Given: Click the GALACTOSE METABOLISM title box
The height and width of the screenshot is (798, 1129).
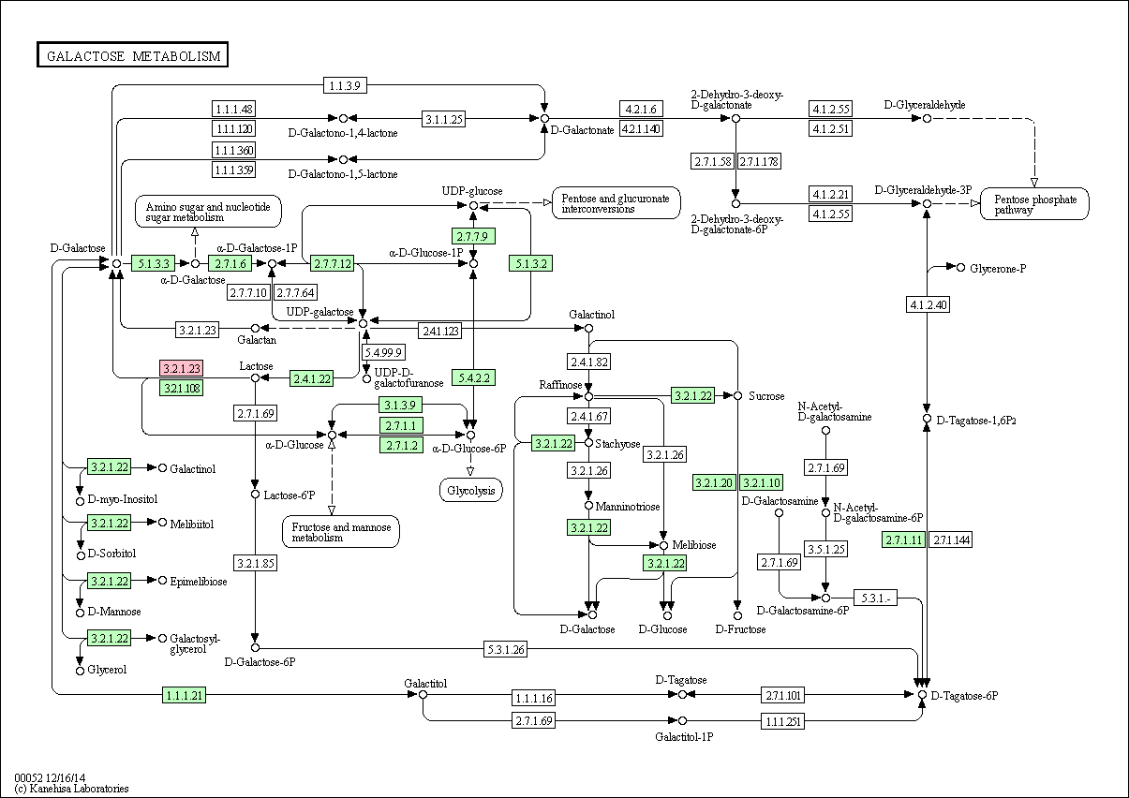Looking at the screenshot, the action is coord(132,54).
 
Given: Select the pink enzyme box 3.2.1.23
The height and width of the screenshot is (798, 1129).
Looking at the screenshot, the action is coord(182,368).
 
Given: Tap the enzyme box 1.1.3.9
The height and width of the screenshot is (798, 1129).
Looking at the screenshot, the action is coord(345,85).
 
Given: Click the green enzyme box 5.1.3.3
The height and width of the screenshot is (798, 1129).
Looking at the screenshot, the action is coord(154,263).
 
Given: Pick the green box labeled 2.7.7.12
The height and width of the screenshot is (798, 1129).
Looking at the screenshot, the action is coord(333,263).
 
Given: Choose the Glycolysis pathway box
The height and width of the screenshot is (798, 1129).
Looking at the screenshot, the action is coord(471,490).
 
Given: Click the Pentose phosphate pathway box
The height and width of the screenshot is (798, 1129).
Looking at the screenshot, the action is coord(1034,204).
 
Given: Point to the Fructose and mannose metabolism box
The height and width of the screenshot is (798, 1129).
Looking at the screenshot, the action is coord(341,531).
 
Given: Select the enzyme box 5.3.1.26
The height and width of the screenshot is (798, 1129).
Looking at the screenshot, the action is coord(506,649).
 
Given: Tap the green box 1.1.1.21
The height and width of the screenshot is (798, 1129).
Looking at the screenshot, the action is coord(184,695).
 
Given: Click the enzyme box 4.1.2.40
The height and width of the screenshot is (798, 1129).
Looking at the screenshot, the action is coord(928,304).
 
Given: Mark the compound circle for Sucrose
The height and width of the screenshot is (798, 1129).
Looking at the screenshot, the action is coord(738,396).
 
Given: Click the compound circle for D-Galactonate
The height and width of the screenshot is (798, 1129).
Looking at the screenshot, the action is coord(544,118).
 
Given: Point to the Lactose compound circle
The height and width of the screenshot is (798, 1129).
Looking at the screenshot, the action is coord(255,377).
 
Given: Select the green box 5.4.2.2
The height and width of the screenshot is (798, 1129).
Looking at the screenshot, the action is coord(473,377).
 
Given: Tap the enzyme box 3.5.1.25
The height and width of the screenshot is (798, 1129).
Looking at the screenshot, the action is coord(825,549).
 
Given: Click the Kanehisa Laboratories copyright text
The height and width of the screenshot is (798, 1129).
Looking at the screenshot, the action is coord(71,789).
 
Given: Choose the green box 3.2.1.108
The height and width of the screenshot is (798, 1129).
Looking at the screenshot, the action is coord(182,388).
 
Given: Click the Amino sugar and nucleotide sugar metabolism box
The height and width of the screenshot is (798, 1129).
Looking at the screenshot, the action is coord(208,212).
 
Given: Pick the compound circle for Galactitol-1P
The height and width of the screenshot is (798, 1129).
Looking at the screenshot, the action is coord(682,721).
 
